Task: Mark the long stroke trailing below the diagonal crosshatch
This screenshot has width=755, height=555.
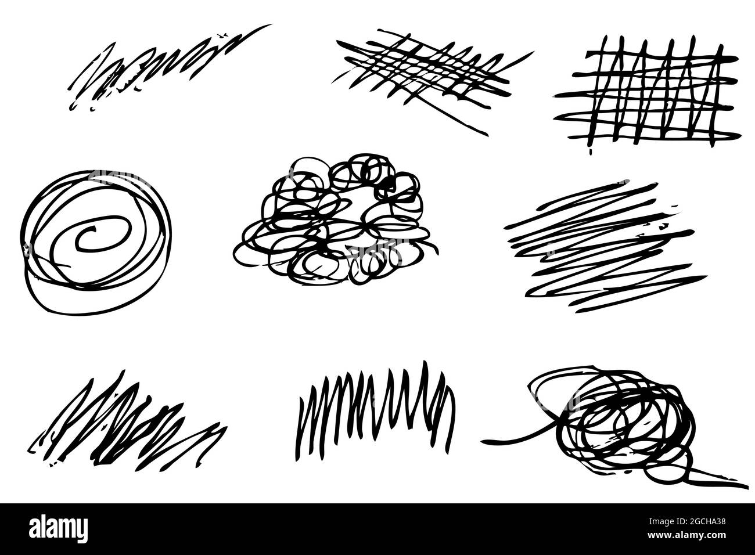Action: click(459, 119)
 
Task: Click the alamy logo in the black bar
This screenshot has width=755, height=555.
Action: click(58, 528)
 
